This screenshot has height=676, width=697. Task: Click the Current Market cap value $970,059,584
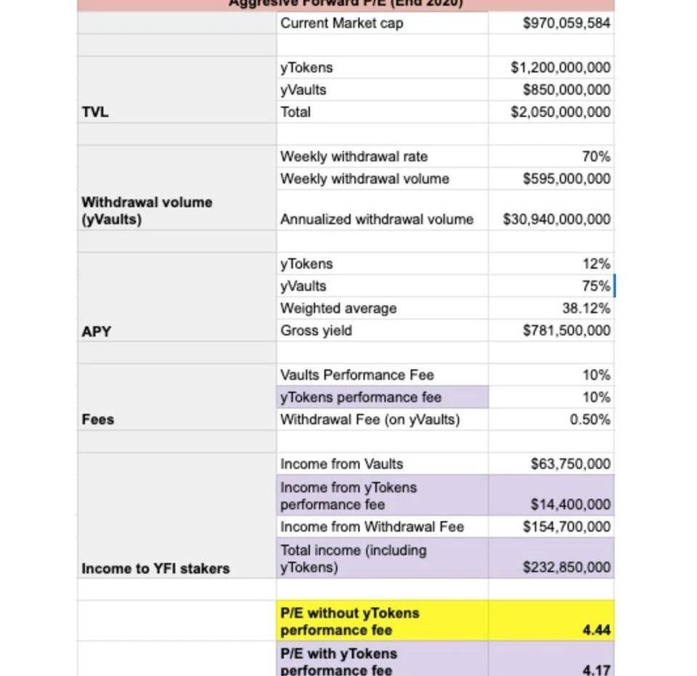566,23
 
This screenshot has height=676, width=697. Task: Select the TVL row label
95,113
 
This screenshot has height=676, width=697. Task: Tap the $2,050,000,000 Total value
561,113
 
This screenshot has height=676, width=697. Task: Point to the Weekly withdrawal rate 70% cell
595,157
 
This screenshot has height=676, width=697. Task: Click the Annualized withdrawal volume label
377,219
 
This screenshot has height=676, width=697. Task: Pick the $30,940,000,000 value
557,219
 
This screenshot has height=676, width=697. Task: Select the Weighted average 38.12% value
586,309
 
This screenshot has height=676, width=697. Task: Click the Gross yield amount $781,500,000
566,331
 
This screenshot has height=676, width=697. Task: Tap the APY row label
96,331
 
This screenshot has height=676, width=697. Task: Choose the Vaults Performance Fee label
357,375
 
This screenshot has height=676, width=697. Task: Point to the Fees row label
98,420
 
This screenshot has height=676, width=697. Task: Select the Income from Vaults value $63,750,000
571,464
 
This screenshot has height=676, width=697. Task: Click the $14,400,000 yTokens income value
571,505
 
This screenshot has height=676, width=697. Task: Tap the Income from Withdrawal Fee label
372,527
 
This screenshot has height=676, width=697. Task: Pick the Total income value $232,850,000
566,568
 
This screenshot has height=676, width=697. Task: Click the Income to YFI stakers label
155,569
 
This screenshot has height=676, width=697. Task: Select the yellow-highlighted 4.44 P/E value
596,630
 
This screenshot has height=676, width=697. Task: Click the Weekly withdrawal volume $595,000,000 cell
566,179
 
